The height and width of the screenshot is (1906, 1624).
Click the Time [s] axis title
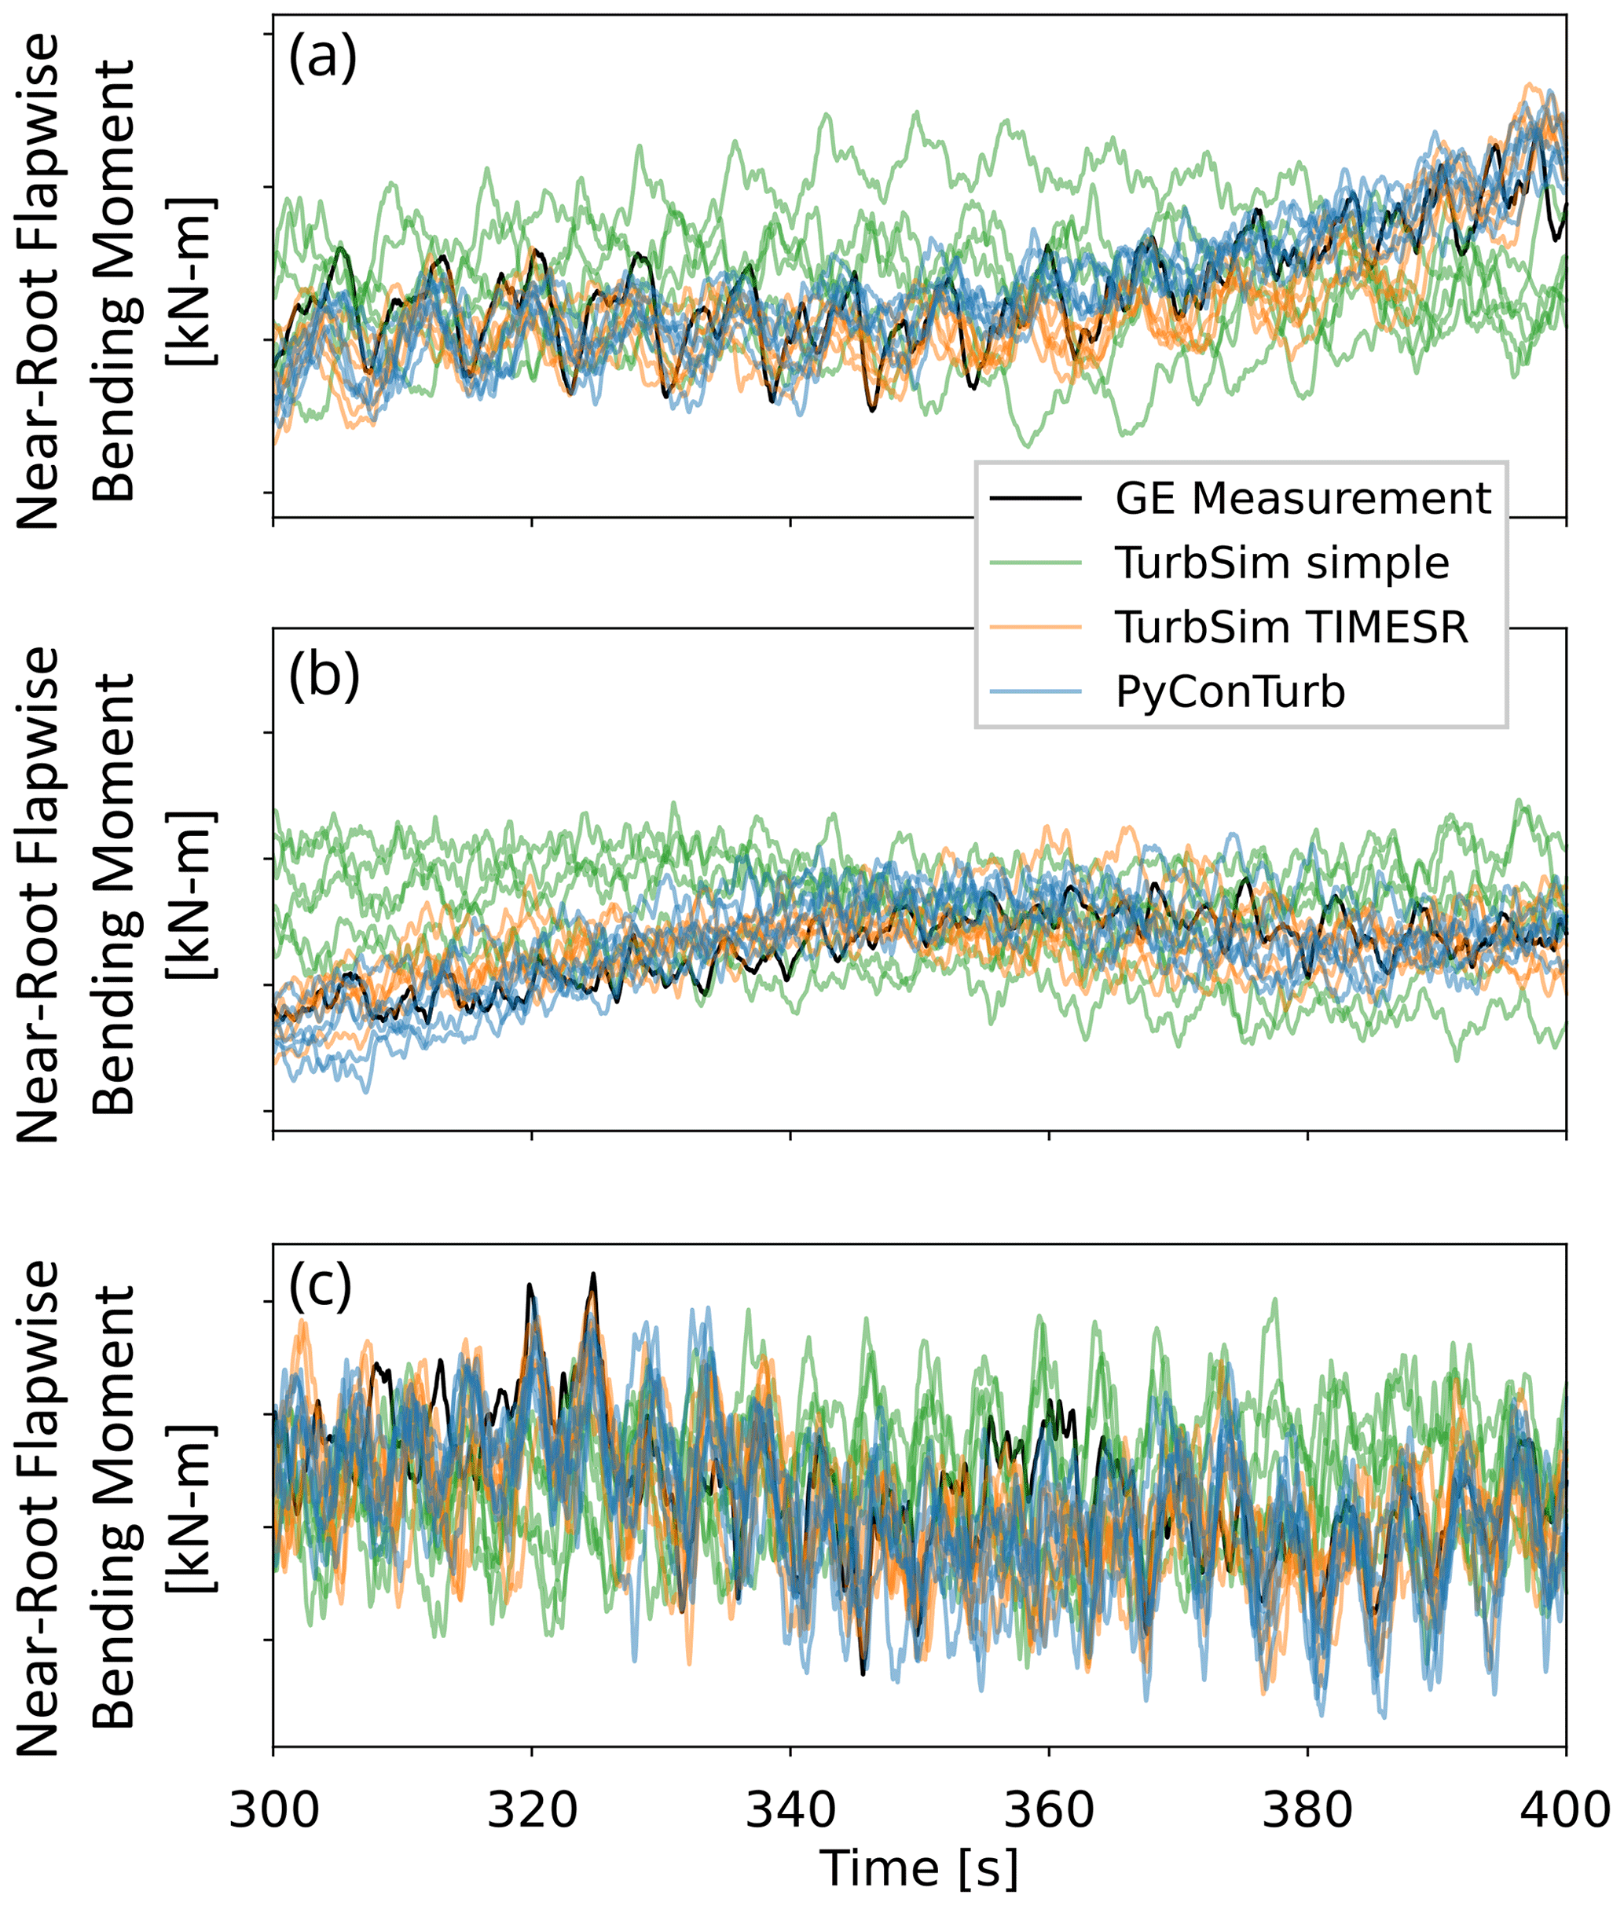pos(919,1869)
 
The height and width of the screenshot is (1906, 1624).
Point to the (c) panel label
pos(321,1288)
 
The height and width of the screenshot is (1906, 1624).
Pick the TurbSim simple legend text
pos(1281,562)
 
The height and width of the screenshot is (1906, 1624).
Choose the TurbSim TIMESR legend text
pos(1292,626)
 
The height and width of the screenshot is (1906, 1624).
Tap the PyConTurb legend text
pos(1230,691)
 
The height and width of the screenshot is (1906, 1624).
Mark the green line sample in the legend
pos(1035,562)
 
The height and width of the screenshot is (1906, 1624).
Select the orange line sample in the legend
pos(1035,626)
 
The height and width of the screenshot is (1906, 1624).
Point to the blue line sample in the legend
pos(1035,691)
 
